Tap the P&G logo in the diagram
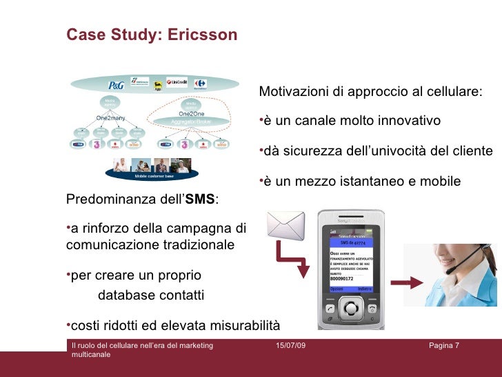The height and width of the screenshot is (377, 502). coord(115,86)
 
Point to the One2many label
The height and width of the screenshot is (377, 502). coord(110,118)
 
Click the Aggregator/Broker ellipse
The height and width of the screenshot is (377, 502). coord(191,118)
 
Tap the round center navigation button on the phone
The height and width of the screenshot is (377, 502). coord(351,309)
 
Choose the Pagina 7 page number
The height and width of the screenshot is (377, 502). coord(443,345)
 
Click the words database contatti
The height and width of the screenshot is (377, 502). coord(151,296)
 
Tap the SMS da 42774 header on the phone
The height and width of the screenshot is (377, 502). coord(351,243)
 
